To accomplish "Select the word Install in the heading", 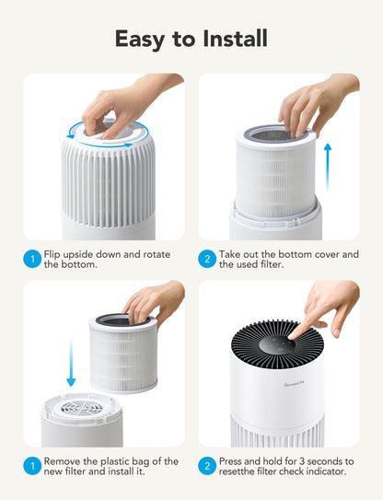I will (235, 39).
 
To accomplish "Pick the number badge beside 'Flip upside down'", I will (31, 260).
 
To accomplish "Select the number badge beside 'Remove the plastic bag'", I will (31, 467).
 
